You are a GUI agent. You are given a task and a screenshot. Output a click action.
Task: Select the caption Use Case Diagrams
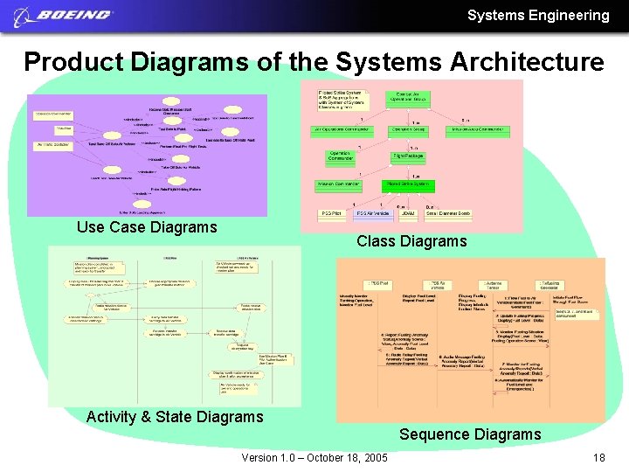click(147, 227)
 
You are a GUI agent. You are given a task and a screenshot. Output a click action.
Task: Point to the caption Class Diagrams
click(411, 241)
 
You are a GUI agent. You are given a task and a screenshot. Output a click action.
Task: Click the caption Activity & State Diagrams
click(175, 417)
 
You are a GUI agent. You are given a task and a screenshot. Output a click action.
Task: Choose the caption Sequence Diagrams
click(470, 434)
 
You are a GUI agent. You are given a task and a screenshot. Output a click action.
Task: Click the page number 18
click(598, 458)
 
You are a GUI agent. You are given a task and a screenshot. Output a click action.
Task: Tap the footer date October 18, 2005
click(339, 458)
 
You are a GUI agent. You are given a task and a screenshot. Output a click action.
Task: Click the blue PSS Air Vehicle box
click(371, 212)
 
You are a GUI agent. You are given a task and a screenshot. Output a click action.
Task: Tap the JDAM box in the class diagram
click(407, 212)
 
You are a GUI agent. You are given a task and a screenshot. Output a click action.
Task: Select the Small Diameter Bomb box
click(449, 212)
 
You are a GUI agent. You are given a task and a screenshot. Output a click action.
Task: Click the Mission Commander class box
click(337, 184)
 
